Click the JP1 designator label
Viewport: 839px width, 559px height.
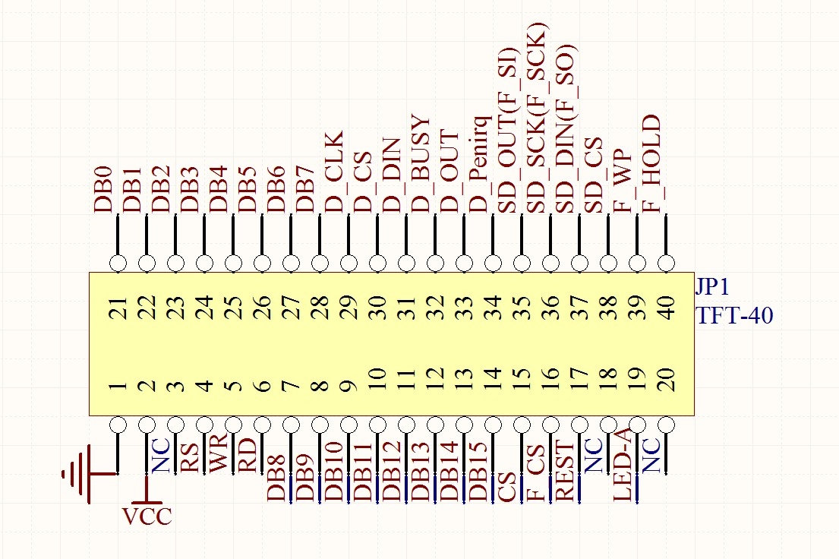(712, 288)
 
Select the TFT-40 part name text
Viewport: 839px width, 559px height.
(735, 315)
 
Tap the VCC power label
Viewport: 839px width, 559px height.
(147, 516)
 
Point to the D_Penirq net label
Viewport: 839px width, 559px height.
(478, 164)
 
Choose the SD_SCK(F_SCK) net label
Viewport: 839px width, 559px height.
(536, 118)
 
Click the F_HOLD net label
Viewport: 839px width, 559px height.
(651, 164)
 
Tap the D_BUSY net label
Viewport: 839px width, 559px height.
(421, 164)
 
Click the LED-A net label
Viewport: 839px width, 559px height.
(623, 469)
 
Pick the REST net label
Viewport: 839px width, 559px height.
(565, 470)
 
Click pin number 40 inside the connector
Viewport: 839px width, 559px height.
(666, 308)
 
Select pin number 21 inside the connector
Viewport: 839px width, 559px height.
(118, 308)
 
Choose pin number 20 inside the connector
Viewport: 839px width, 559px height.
(666, 380)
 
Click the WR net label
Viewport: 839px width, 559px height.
(219, 453)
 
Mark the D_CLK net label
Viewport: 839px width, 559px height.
(334, 172)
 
